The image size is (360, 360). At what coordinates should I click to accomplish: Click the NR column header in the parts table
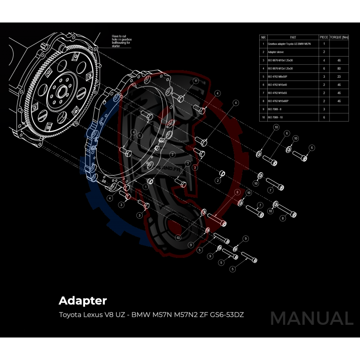pos(263,37)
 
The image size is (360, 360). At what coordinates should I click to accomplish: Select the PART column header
pos(293,37)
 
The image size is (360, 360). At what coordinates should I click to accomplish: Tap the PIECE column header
pos(324,37)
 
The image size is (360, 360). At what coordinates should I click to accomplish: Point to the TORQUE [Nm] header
pos(339,37)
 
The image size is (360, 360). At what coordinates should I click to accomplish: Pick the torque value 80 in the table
pos(339,68)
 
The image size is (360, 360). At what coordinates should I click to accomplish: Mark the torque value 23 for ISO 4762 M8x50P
pos(339,76)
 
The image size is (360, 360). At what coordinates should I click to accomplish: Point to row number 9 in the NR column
pos(263,109)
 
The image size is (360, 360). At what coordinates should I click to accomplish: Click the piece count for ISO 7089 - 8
pos(324,109)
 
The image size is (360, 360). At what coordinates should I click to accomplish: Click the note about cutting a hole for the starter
pos(121,41)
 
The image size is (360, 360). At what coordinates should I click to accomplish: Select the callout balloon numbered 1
pos(146,186)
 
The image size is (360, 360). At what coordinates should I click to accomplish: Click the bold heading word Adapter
pos(82,300)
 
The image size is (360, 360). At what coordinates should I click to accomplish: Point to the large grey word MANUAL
pos(311,319)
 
